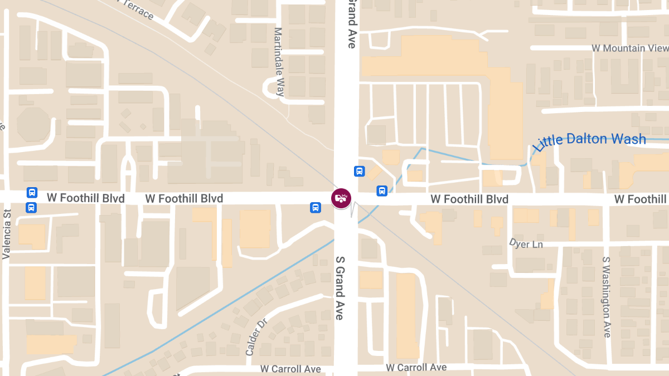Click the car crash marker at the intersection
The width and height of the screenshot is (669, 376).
point(341,198)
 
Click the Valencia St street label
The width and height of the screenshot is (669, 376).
point(7,235)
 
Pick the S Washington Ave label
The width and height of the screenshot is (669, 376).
point(607,296)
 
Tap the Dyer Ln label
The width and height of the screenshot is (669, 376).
point(526,243)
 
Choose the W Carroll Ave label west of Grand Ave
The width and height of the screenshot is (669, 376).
point(290,369)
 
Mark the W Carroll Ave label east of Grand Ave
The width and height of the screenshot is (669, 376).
point(416,367)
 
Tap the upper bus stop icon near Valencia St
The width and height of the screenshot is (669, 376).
point(32,193)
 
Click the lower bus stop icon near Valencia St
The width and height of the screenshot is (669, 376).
point(32,207)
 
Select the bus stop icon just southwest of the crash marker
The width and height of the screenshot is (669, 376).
point(315,208)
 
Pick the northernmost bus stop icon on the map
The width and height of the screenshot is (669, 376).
point(360,171)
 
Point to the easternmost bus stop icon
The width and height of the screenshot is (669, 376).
point(382,191)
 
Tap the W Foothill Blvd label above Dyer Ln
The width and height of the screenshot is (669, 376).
point(469,199)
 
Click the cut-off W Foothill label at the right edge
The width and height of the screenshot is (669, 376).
point(641,199)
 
